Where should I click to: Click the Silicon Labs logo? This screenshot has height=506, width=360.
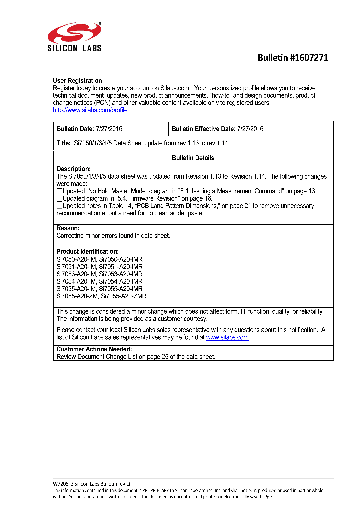(x=74, y=37)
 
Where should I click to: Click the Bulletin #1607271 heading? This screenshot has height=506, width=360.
(x=293, y=58)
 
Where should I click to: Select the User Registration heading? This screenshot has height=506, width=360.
(x=77, y=81)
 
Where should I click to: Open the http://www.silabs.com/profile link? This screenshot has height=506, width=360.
(x=90, y=110)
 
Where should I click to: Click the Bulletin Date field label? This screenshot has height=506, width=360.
(x=75, y=129)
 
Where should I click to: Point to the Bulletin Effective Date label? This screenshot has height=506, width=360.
(x=203, y=129)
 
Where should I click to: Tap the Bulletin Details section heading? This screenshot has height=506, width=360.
(x=193, y=158)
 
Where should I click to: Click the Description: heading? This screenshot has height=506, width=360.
(x=73, y=169)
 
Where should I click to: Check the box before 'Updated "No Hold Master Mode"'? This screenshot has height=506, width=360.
(x=59, y=191)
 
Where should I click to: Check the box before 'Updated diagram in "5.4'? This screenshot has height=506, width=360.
(x=59, y=199)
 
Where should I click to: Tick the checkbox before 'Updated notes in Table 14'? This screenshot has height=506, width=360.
(x=59, y=206)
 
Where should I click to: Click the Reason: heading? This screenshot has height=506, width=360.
(x=68, y=228)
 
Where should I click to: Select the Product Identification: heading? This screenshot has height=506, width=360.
(x=87, y=251)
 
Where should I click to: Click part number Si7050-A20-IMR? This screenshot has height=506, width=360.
(x=121, y=259)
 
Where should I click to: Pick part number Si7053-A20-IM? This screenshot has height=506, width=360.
(x=76, y=274)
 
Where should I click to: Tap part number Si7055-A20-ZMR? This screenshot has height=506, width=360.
(x=123, y=296)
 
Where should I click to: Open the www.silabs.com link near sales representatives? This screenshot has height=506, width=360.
(x=227, y=337)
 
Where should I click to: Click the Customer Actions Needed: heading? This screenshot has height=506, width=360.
(x=94, y=349)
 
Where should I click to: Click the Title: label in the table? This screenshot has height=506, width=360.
(x=64, y=143)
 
